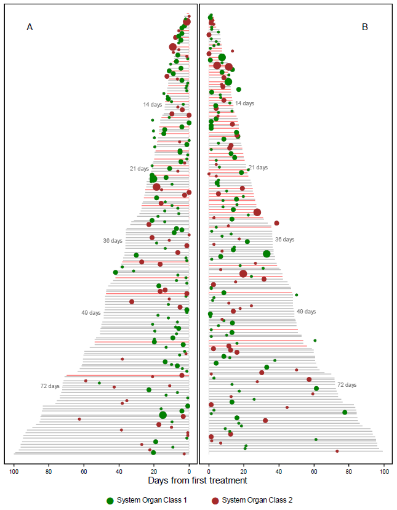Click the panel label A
(30, 27)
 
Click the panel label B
(365, 27)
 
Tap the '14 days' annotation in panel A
(152, 105)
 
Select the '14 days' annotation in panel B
(244, 103)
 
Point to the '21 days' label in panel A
(139, 169)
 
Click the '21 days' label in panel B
(258, 168)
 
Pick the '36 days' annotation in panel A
(113, 241)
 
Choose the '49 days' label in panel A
(90, 313)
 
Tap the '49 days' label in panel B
(306, 312)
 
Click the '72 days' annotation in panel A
(50, 386)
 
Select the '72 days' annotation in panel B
(347, 385)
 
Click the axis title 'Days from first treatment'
(198, 480)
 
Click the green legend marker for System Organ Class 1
(110, 501)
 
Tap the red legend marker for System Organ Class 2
(215, 501)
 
